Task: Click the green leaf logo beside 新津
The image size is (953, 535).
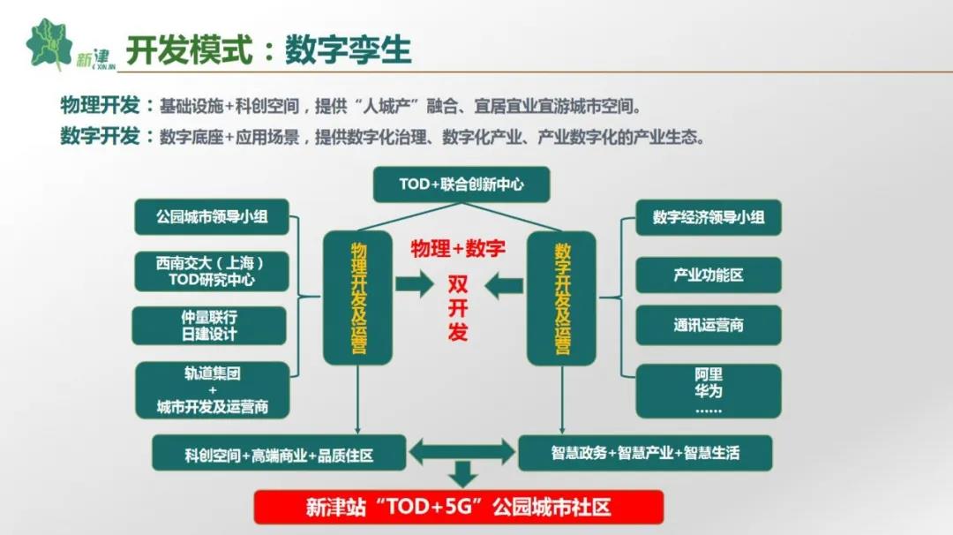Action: [49, 44]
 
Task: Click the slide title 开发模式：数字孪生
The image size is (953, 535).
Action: [268, 49]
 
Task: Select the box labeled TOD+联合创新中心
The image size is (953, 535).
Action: [461, 185]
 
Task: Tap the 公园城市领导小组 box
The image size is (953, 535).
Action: [212, 217]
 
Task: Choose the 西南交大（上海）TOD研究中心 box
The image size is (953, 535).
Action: [211, 271]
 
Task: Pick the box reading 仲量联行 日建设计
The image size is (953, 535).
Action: [209, 326]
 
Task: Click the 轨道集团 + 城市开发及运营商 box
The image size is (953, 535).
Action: [212, 390]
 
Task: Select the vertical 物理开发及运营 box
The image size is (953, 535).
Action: [358, 298]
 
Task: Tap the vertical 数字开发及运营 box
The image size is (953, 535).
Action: [561, 298]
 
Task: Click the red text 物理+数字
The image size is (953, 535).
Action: [458, 249]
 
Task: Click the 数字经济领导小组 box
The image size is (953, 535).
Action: [708, 218]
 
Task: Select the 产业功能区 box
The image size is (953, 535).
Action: [708, 275]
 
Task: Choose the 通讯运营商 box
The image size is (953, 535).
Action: [708, 325]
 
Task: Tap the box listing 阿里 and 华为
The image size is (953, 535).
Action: [708, 391]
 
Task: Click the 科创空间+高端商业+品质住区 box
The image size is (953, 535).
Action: [279, 453]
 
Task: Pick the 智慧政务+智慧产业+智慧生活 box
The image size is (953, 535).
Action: [645, 453]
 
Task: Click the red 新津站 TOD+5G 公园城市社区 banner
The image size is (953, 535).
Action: [458, 507]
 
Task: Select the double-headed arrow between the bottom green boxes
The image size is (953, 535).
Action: [461, 452]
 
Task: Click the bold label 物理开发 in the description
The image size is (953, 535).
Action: [100, 105]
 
